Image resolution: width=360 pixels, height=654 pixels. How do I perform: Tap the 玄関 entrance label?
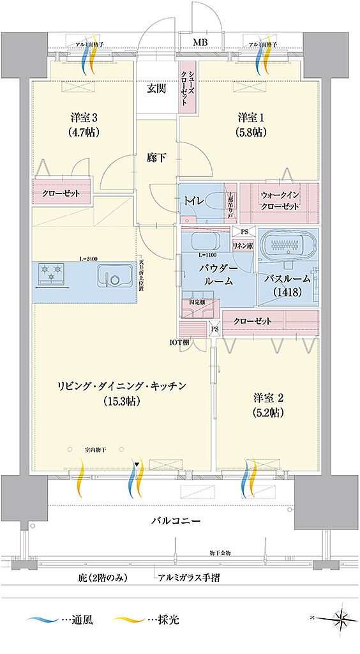pos(158,88)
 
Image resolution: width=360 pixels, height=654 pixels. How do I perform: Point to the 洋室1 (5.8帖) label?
pos(251,125)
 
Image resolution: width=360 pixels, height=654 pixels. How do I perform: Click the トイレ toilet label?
pos(195,201)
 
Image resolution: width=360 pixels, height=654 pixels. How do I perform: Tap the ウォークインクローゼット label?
pos(280,202)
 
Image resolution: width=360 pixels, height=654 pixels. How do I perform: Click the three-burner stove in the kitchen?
pos(51,273)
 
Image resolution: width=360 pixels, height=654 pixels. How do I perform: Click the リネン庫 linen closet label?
pos(243,246)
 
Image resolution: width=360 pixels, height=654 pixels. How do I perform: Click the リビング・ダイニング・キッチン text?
pos(121,385)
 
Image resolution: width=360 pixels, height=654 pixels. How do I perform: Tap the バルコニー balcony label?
pos(176,521)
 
